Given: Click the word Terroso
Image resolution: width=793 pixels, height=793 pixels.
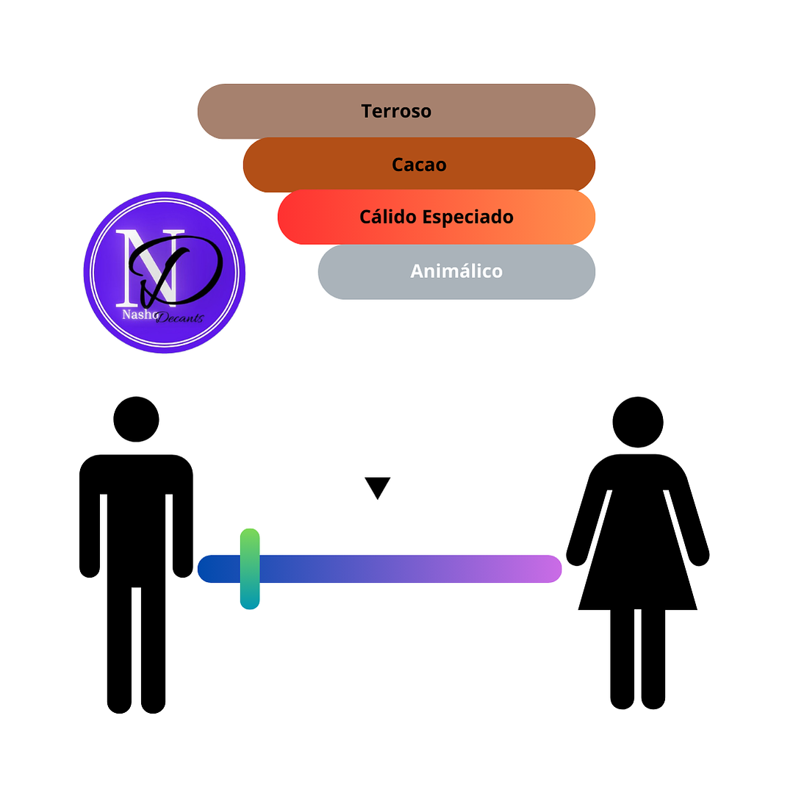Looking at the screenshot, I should point(396,112).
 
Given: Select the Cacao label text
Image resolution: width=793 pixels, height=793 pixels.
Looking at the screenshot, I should point(419,165).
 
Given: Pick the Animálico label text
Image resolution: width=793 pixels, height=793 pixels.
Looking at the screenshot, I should point(456,272).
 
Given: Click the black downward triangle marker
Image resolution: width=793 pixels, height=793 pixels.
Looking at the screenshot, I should point(377,487).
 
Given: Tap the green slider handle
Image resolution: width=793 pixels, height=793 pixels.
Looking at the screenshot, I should point(250,568).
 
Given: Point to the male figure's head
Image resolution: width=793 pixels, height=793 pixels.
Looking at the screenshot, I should point(136,419).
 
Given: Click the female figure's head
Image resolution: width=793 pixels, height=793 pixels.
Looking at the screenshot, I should point(638,423).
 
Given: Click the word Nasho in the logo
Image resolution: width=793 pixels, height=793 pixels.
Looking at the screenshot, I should point(137,314).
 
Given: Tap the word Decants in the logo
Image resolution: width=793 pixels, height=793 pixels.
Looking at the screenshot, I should point(179,318).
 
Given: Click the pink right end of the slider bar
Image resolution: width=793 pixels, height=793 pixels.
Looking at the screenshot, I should point(548,569).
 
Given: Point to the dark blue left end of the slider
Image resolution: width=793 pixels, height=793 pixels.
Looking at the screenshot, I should point(213,569).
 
